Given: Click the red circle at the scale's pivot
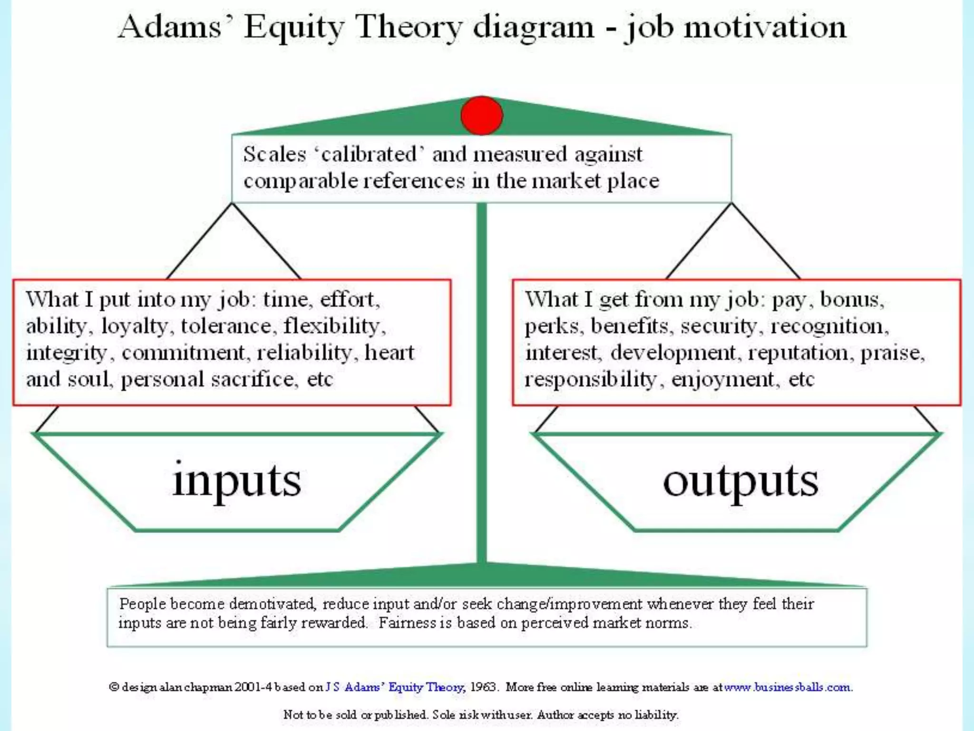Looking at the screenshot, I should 481,116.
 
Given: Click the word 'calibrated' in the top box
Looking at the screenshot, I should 369,154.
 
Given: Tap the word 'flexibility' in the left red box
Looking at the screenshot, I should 332,326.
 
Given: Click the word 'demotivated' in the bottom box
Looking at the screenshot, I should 272,604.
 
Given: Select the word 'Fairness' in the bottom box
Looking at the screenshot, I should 407,622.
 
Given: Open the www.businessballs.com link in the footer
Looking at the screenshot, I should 787,687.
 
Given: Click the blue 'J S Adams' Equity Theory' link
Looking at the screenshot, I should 394,687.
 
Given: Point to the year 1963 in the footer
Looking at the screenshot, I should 483,687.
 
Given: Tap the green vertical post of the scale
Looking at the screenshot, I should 481,381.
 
